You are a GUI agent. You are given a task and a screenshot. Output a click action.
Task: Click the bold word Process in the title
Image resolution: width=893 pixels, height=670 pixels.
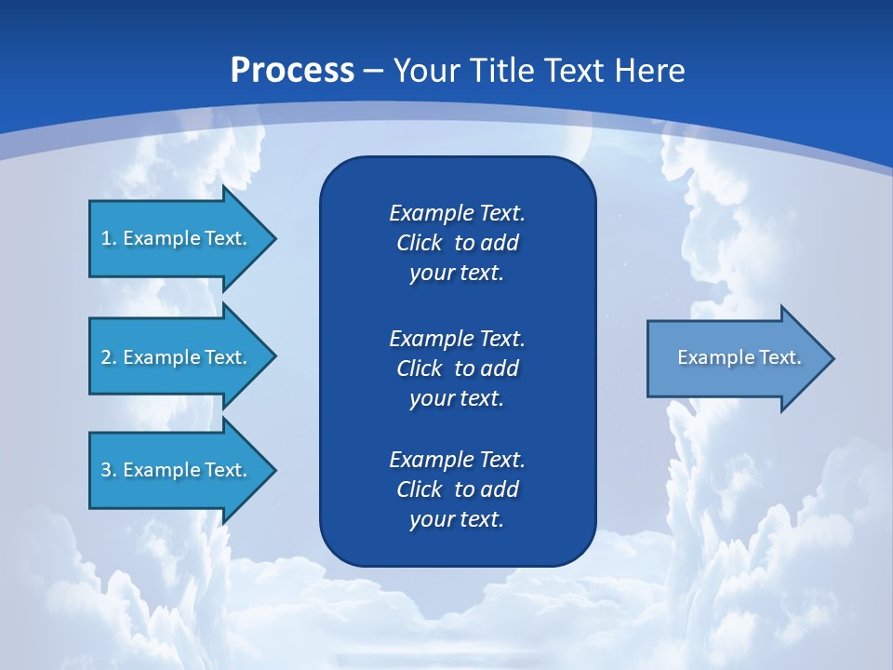point(292,71)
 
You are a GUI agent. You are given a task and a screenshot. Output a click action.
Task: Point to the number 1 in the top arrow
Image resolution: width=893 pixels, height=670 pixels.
point(106,238)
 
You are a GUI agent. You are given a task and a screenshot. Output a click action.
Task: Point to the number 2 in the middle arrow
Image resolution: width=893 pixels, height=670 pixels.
point(106,357)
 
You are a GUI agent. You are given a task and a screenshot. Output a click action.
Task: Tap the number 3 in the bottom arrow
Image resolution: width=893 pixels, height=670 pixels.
point(106,470)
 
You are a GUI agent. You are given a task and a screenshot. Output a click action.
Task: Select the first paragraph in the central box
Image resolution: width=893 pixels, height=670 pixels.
point(457,243)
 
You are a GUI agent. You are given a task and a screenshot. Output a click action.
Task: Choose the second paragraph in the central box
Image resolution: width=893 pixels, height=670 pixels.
point(457,368)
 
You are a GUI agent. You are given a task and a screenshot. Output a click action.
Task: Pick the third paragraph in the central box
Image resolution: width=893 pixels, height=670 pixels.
point(457,489)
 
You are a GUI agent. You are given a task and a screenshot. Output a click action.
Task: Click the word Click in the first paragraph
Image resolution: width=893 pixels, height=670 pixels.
point(419,243)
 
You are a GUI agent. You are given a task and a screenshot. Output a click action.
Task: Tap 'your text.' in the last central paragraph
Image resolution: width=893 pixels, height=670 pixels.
point(457,519)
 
